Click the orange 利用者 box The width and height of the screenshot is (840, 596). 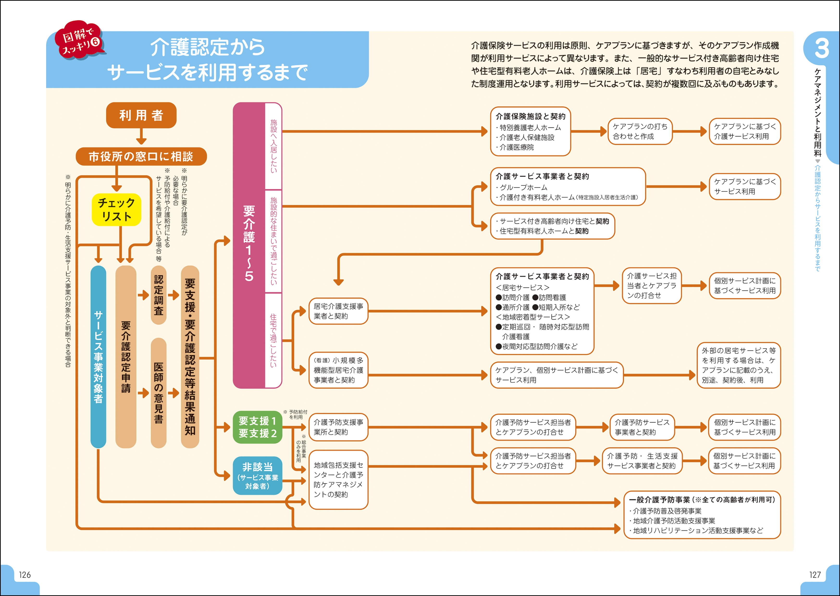[x=141, y=115]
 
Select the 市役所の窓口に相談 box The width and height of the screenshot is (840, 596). [x=141, y=157]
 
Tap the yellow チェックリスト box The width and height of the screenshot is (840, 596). [x=116, y=210]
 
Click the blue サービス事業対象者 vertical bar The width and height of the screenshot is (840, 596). [x=98, y=357]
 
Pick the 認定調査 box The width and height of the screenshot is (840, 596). [x=159, y=295]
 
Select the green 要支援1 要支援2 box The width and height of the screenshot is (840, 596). [x=258, y=427]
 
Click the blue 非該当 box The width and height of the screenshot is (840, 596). [x=258, y=476]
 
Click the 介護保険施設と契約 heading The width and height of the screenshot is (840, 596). [x=531, y=116]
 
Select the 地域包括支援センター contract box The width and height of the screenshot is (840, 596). [x=338, y=480]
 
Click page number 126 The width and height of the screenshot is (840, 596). [x=25, y=575]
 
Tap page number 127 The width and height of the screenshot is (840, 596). [x=815, y=575]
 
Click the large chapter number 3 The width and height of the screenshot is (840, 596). [x=822, y=48]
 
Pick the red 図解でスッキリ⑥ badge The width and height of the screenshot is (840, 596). [x=80, y=40]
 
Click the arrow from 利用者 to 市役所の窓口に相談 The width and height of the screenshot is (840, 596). [x=141, y=137]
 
